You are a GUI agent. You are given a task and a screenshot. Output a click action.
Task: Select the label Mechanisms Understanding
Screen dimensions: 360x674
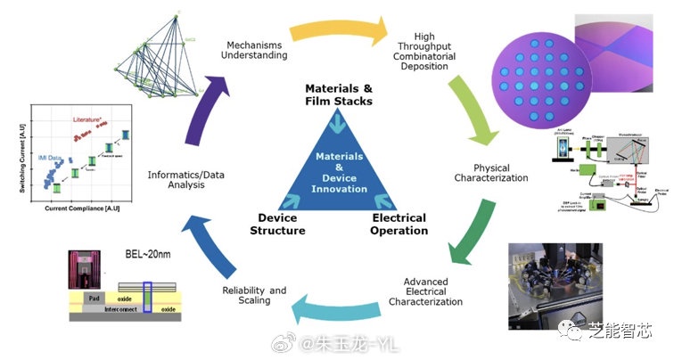coord(257,50)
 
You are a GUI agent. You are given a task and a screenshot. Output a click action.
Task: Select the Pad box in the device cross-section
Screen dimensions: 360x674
coord(94,297)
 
